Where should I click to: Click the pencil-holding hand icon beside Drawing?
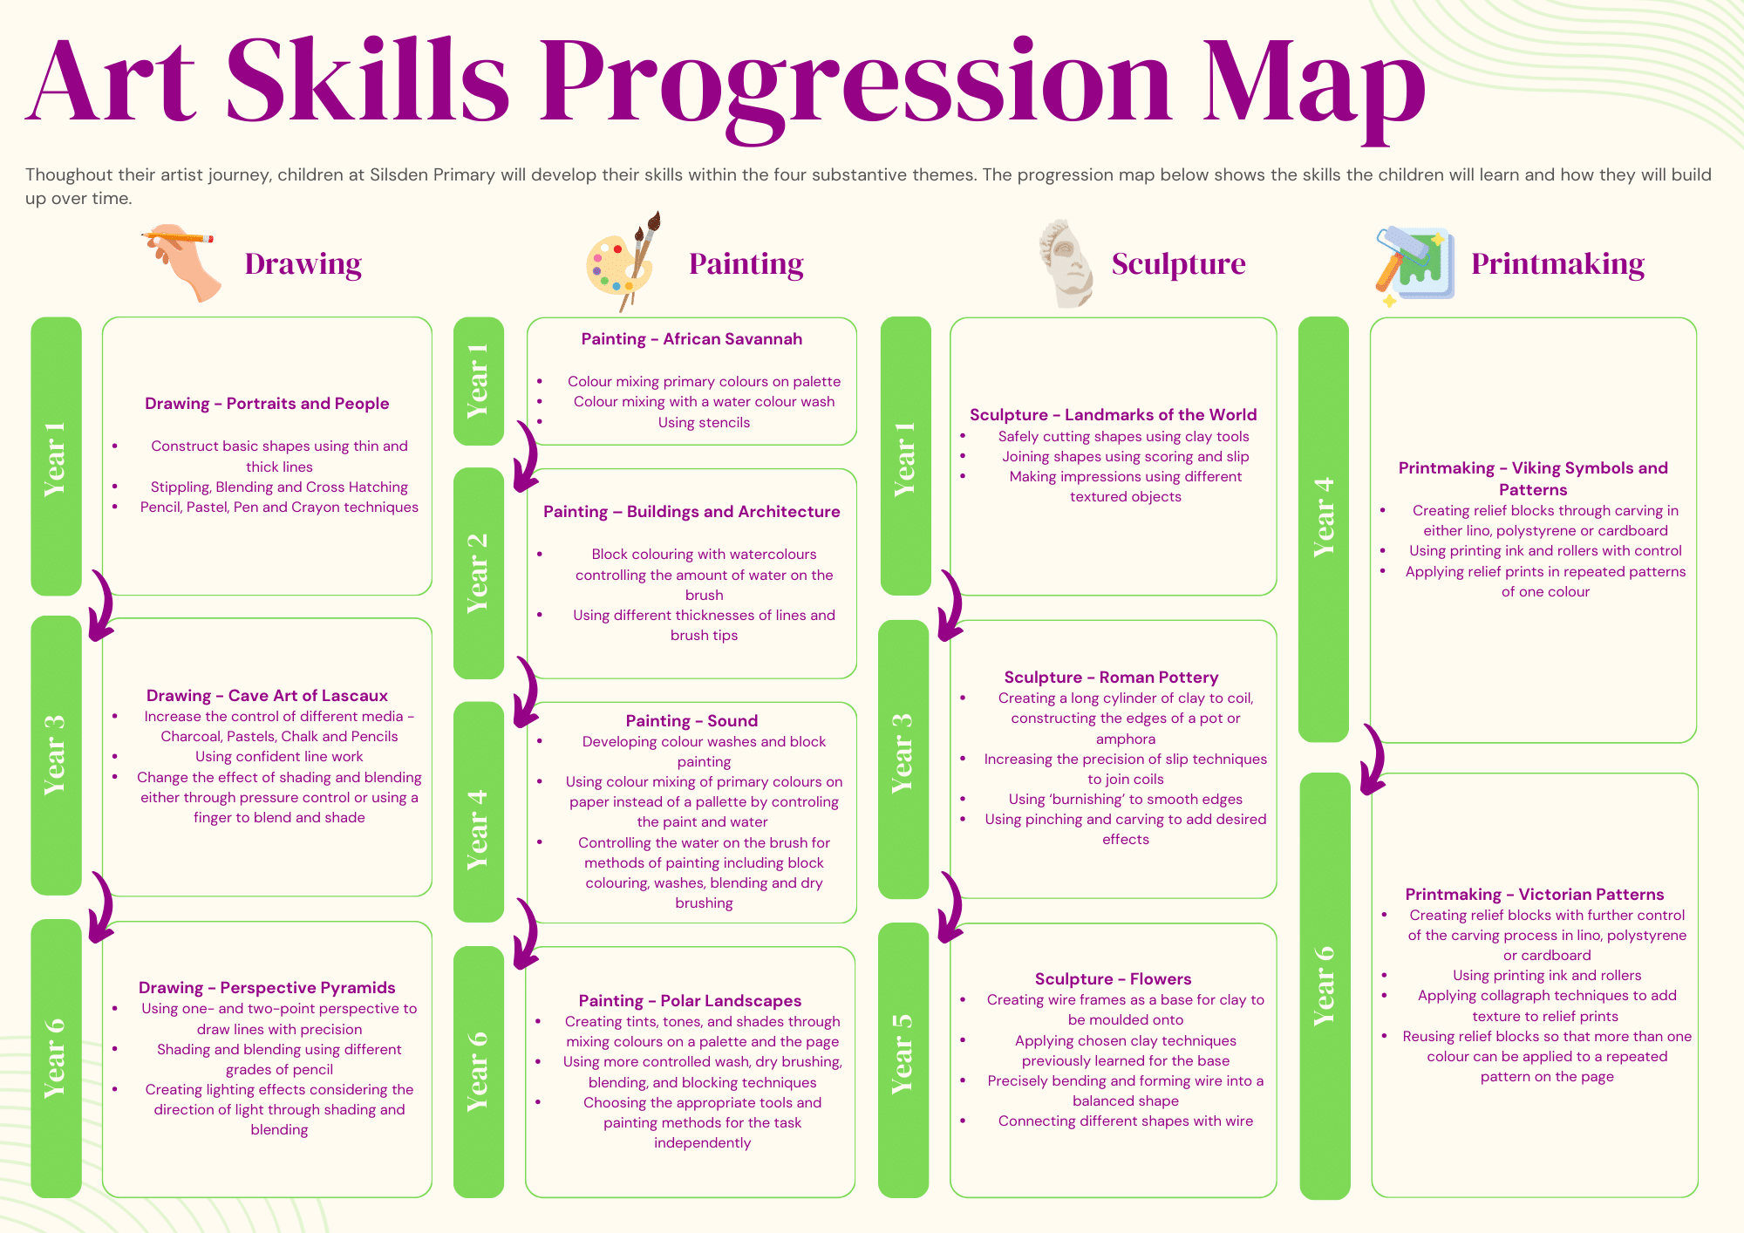coord(181,263)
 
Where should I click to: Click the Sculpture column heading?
coord(1178,263)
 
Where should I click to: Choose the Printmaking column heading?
coord(1557,263)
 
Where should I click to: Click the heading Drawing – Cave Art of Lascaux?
coord(267,695)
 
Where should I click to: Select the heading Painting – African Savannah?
coord(691,339)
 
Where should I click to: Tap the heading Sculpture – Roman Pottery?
coord(1111,678)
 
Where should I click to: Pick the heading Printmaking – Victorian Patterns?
coord(1534,894)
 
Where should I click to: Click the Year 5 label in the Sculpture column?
coord(903,1053)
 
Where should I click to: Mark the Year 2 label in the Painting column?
coord(478,572)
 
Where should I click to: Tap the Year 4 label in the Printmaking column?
coord(1324,517)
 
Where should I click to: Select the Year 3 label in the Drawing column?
coord(55,755)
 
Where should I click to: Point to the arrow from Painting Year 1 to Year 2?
coord(527,457)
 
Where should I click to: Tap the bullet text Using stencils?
coord(704,423)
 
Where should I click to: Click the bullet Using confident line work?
coord(279,757)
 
